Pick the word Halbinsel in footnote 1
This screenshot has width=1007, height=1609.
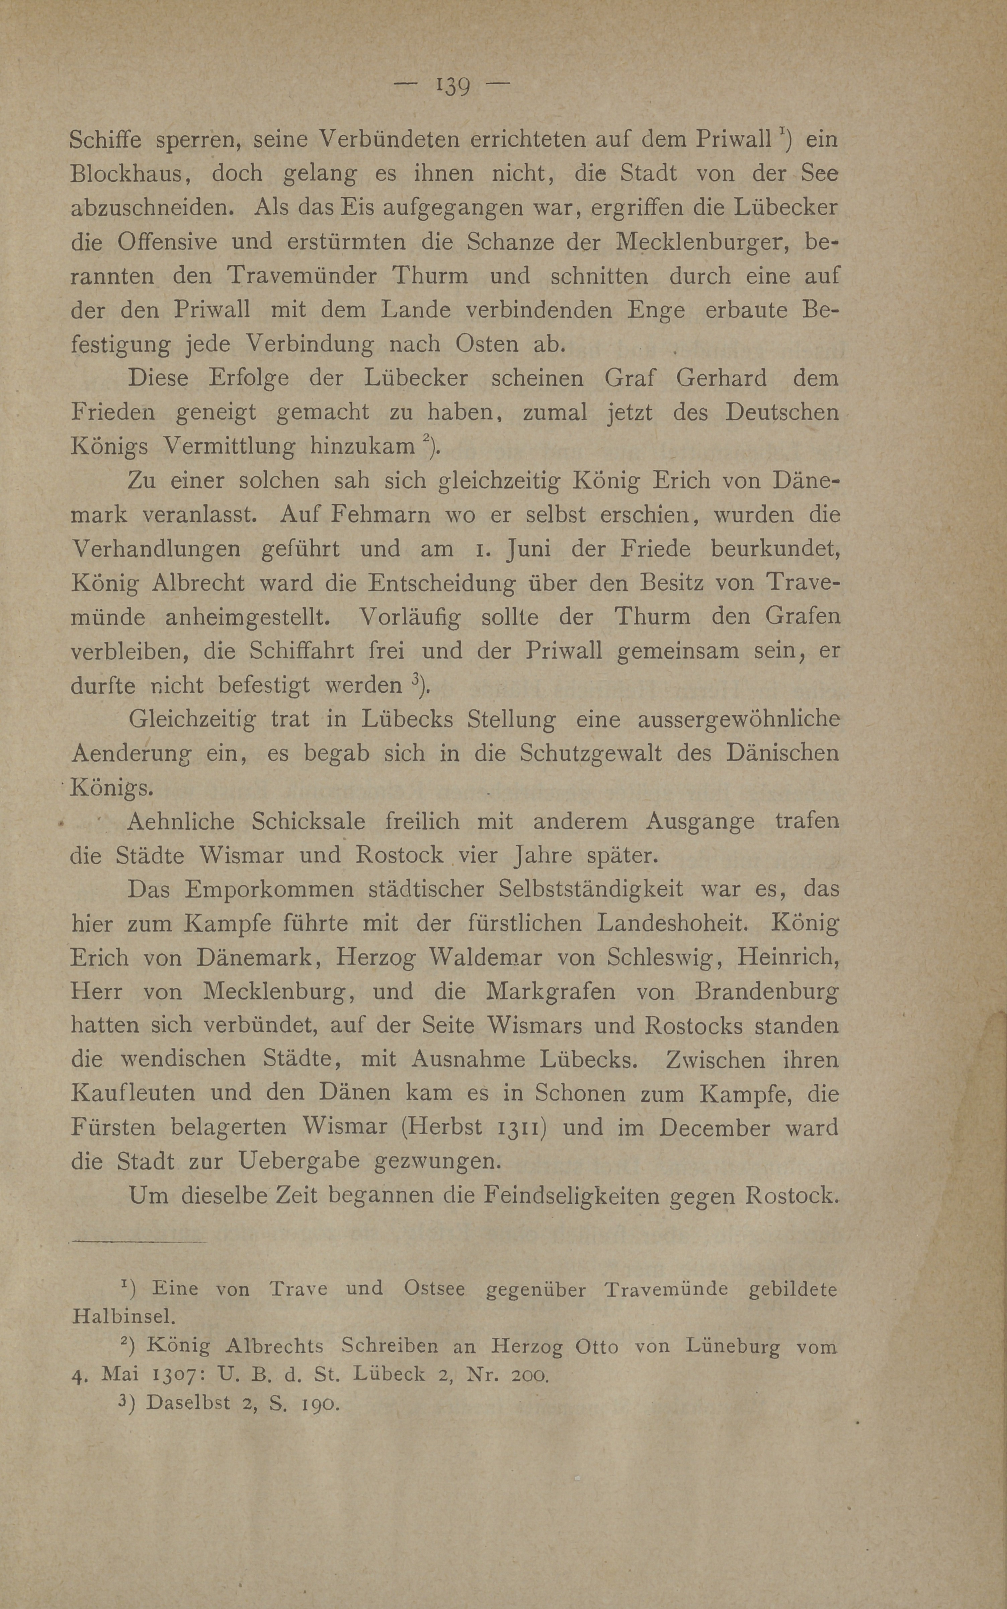click(x=123, y=1316)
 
